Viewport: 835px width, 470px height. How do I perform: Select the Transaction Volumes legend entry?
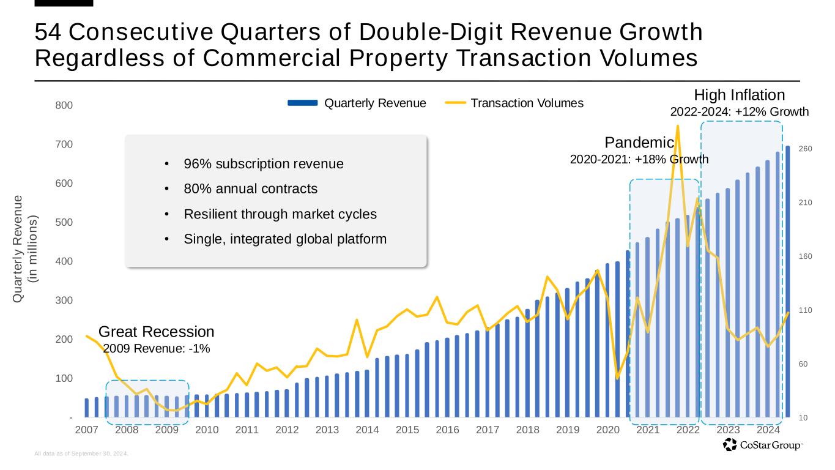click(x=527, y=103)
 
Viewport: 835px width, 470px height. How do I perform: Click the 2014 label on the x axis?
click(x=367, y=430)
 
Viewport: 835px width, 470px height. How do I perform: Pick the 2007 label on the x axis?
click(x=86, y=430)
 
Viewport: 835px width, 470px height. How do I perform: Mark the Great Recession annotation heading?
click(x=156, y=332)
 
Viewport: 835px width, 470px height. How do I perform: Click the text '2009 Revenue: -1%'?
click(x=156, y=348)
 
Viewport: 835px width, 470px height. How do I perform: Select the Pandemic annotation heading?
click(x=639, y=143)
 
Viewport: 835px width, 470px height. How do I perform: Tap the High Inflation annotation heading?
click(x=739, y=95)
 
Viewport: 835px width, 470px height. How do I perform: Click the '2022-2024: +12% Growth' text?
click(x=739, y=112)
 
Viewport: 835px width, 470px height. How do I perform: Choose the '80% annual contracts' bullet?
click(x=250, y=188)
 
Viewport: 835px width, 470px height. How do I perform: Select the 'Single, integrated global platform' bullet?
click(x=285, y=239)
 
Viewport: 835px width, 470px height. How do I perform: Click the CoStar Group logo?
click(x=762, y=446)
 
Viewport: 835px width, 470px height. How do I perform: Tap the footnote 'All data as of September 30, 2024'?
click(x=82, y=454)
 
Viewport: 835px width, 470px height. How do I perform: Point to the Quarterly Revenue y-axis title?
click(x=25, y=248)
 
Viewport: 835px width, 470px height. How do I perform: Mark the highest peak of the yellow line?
click(x=677, y=126)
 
